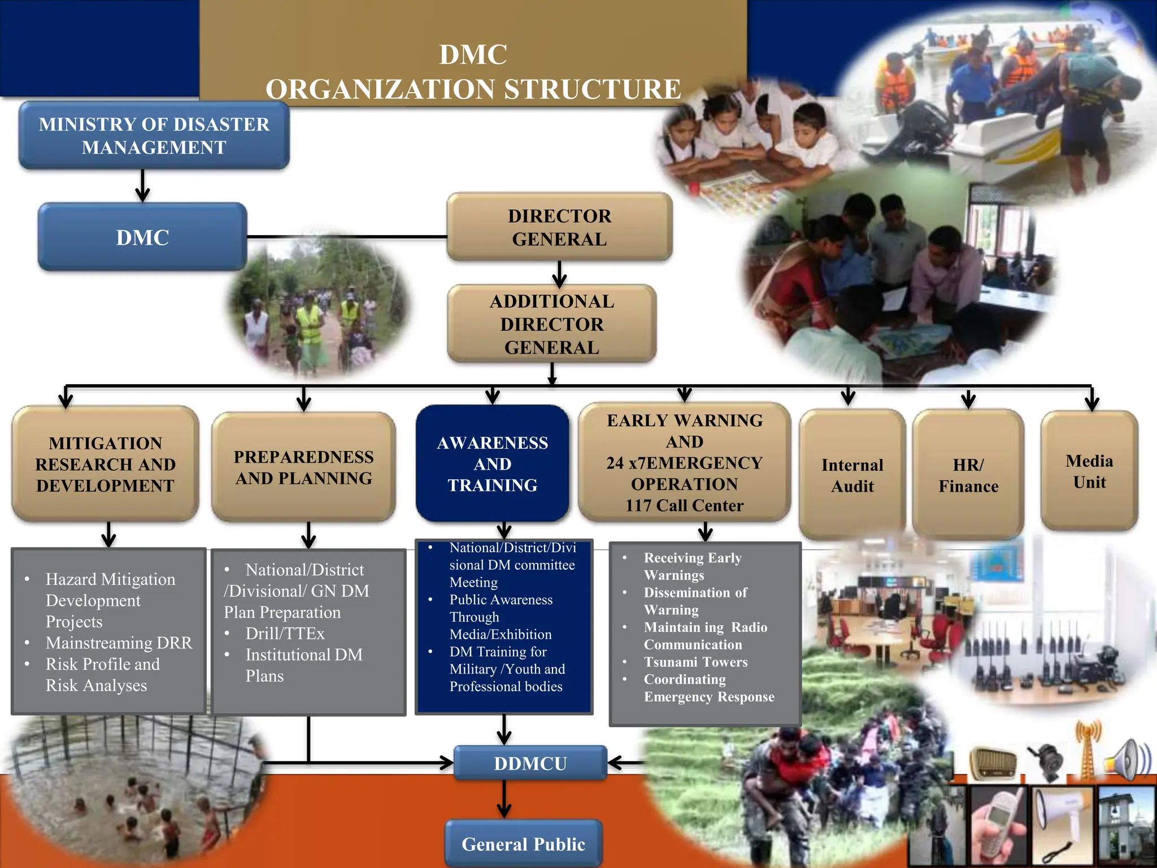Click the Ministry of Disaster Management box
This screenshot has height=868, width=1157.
pos(154,136)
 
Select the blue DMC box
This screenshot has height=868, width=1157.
pos(142,237)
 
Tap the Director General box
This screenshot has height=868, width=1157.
pos(559,227)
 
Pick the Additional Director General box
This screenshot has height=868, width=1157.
pos(551,324)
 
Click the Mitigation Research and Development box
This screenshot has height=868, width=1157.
pos(105,464)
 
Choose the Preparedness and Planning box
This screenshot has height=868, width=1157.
pos(303,467)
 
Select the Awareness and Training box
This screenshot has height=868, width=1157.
pos(492,464)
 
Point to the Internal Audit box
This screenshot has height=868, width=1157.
pos(852,475)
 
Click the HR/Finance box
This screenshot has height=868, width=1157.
pos(968,475)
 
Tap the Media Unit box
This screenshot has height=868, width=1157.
pos(1089,471)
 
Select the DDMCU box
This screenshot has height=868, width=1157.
pos(530,763)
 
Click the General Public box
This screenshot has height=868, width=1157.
pos(523,844)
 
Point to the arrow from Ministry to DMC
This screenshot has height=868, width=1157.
pos(142,186)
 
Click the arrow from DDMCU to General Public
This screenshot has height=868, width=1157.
pos(504,800)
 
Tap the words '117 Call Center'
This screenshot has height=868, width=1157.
pos(684,505)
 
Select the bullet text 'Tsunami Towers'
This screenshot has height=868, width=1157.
pos(695,662)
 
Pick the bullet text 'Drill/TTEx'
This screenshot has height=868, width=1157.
pos(285,633)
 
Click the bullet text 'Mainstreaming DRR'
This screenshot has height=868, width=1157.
pos(119,643)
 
